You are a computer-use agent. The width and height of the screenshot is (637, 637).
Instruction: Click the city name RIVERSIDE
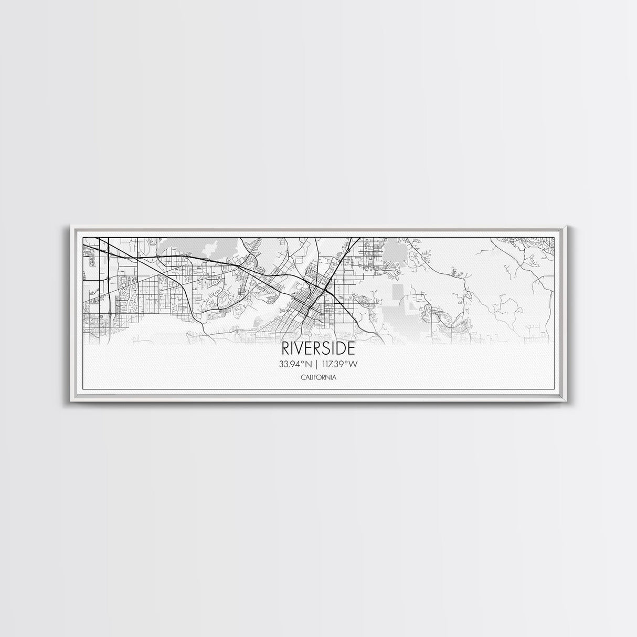318,349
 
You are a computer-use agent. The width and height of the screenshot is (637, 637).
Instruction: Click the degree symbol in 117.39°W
348,362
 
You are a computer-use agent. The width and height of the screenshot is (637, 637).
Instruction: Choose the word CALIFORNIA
318,377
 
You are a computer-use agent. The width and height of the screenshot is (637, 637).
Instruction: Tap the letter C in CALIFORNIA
303,377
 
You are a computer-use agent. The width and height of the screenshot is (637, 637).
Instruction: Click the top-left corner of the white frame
70,226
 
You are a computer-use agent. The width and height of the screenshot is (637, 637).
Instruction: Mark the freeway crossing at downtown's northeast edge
326,286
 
